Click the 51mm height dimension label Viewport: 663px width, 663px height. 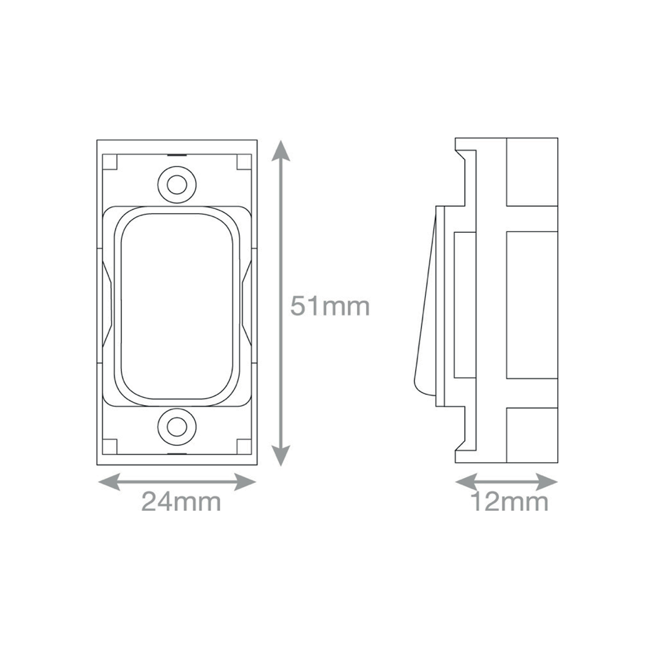(329, 306)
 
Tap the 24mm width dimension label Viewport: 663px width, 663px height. (181, 502)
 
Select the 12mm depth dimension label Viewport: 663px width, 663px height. (509, 502)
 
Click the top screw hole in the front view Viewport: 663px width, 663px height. (177, 184)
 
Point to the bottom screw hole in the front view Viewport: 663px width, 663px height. (177, 427)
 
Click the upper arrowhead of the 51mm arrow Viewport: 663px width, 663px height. (281, 151)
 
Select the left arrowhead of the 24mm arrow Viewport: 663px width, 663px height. (109, 482)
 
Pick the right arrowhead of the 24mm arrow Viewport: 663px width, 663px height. (245, 482)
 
